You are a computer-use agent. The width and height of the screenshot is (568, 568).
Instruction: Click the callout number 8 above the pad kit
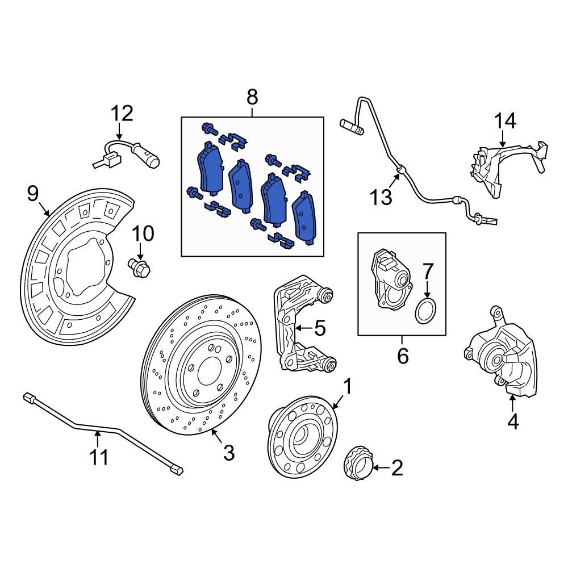click(x=252, y=97)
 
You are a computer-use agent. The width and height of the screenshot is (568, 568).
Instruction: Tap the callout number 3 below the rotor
click(x=228, y=453)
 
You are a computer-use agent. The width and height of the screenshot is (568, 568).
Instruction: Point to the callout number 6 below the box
click(x=402, y=356)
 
